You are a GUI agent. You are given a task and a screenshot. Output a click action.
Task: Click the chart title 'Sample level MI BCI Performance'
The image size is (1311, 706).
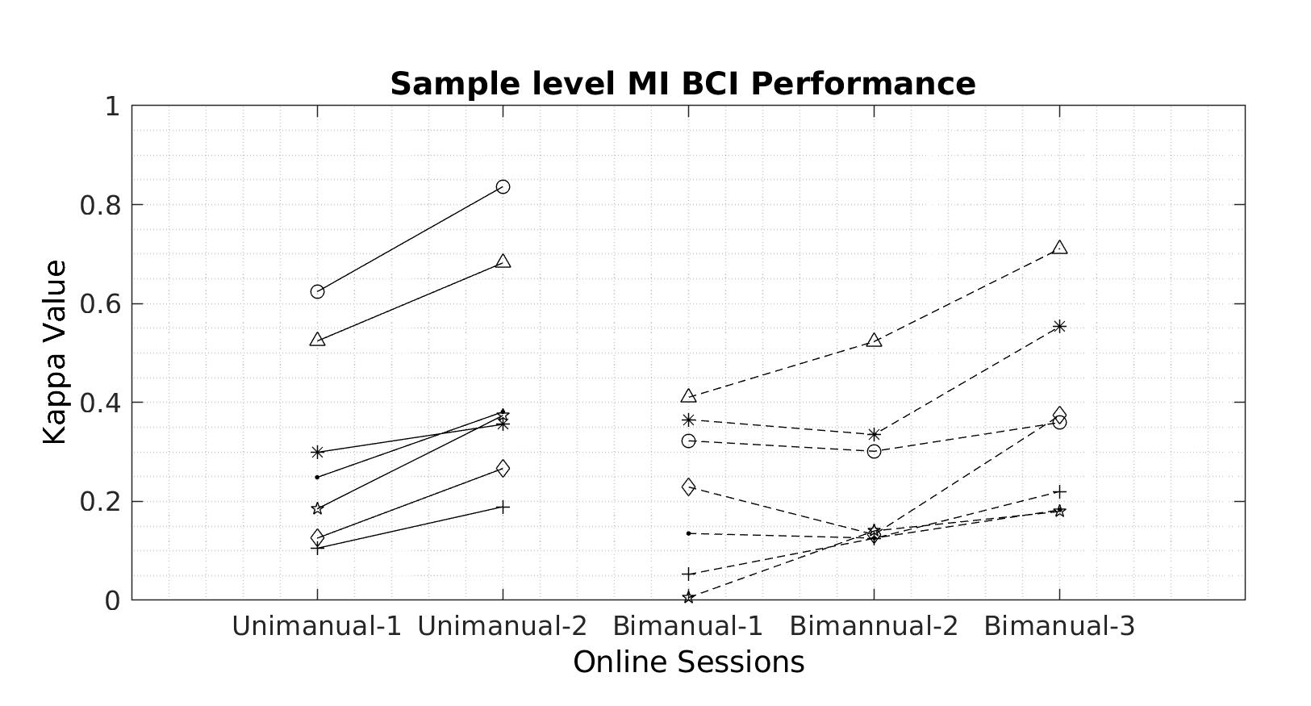[683, 84]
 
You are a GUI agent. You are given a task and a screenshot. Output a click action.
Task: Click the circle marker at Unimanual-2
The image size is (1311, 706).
[503, 187]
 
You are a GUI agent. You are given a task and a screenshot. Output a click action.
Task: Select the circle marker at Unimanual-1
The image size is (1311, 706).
[317, 291]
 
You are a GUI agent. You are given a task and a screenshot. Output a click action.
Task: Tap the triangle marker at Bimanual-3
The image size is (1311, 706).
[1059, 248]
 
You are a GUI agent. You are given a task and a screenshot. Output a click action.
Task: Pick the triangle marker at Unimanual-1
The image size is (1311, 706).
[317, 340]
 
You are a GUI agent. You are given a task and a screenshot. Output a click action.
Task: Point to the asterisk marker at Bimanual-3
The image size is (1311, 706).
[1059, 326]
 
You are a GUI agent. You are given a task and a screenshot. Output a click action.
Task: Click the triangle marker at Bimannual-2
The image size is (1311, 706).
[874, 340]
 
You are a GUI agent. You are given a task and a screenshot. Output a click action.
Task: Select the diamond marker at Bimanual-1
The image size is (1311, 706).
[688, 487]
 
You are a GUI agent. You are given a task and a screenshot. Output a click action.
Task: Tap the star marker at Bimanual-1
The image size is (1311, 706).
[688, 597]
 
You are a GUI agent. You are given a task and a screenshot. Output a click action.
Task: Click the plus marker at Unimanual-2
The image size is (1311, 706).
[503, 508]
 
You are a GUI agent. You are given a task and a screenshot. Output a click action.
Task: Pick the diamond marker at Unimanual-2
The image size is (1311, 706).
[503, 468]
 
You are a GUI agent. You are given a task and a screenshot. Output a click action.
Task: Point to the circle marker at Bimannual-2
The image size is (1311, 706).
[874, 451]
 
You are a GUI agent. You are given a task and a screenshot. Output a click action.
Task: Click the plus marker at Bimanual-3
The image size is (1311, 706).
[1059, 492]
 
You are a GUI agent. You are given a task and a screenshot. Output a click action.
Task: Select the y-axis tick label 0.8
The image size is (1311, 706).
[99, 205]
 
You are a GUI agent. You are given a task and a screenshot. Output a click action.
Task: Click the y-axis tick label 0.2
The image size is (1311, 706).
[99, 501]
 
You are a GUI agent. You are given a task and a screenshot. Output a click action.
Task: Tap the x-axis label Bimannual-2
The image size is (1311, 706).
[874, 626]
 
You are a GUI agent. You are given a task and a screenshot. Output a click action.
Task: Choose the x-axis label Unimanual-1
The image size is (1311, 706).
[317, 626]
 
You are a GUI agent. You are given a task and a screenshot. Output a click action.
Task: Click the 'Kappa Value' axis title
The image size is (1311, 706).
[54, 352]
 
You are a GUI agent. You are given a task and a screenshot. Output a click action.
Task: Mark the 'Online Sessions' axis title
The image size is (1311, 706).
[688, 662]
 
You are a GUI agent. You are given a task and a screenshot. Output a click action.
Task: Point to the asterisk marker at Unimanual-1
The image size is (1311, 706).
[317, 452]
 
